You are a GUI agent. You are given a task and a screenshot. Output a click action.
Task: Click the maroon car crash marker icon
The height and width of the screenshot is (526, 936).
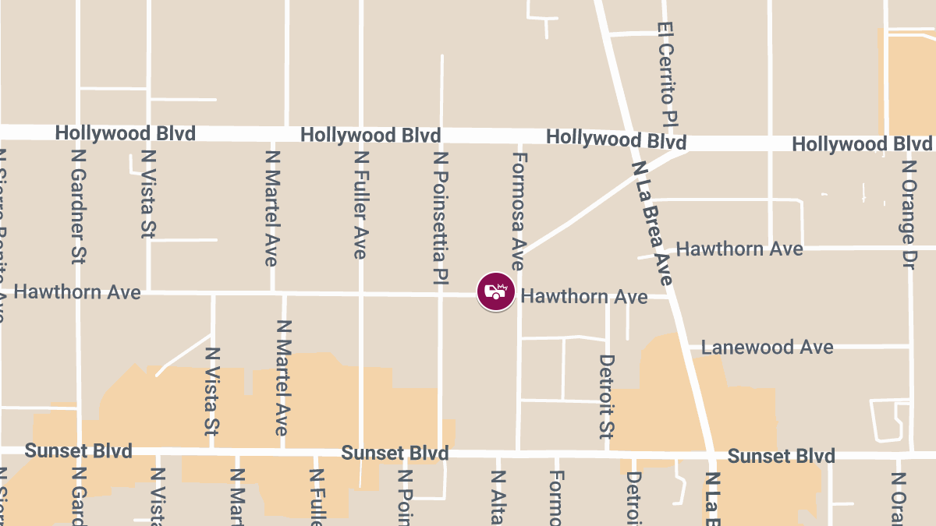click(496, 292)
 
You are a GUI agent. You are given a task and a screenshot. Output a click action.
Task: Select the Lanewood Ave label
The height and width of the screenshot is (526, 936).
click(767, 347)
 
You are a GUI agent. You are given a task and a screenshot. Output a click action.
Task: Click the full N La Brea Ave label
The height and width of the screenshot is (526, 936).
click(652, 223)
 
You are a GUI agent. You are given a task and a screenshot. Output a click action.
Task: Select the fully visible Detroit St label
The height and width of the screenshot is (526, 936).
click(607, 397)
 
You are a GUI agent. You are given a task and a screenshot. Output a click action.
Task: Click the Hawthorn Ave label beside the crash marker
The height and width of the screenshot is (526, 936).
click(583, 297)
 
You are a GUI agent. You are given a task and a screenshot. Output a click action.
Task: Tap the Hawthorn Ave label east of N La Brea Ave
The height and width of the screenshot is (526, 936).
click(739, 249)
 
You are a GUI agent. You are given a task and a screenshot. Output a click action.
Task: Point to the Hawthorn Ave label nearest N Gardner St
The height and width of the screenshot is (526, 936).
click(77, 292)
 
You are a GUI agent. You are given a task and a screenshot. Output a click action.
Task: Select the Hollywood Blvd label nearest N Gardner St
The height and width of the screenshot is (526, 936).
click(125, 133)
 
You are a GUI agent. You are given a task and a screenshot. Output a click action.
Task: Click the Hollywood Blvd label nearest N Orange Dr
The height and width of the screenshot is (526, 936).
click(861, 144)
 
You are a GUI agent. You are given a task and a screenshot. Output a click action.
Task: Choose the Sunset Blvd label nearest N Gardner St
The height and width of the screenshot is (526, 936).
click(78, 451)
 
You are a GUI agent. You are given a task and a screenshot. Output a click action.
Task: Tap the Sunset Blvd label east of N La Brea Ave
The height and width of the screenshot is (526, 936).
click(780, 456)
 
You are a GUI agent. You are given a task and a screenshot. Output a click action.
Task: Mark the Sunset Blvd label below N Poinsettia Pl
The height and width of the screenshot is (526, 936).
click(395, 454)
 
